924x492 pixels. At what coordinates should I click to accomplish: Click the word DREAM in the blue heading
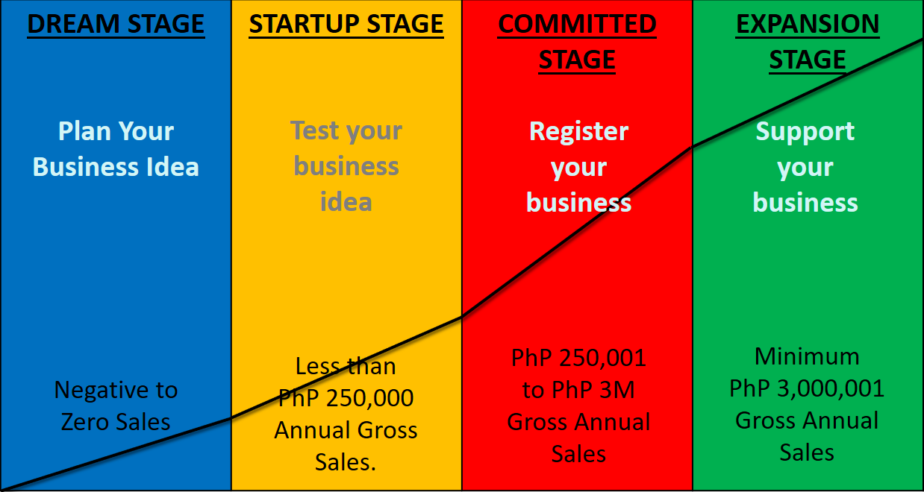point(73,24)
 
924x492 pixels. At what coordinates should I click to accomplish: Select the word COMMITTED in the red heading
point(577,24)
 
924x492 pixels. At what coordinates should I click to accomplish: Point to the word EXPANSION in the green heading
point(808,24)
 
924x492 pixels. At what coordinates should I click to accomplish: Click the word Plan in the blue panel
point(84,131)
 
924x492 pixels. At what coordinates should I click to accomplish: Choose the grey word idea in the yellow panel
point(346,202)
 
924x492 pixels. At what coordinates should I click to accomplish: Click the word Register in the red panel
point(578,132)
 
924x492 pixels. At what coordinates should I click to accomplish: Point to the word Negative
point(102,391)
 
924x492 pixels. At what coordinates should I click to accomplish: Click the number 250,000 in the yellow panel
point(369,399)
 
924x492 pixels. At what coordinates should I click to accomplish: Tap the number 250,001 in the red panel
point(602,358)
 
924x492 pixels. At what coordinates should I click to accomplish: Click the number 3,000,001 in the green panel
point(831,388)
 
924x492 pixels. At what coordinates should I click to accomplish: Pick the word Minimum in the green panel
point(807,356)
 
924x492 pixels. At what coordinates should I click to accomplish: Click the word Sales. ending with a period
point(346,462)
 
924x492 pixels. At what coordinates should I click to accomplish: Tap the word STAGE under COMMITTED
point(577,60)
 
